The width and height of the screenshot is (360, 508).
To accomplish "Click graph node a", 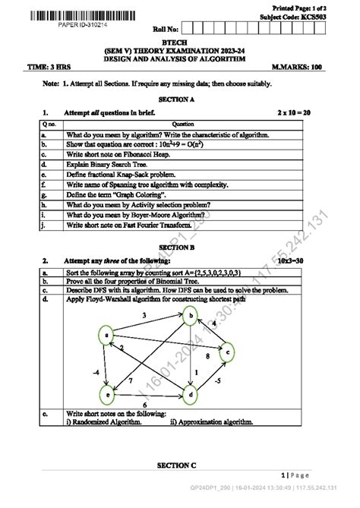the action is tap(109, 332).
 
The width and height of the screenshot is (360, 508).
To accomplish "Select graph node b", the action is tap(192, 315).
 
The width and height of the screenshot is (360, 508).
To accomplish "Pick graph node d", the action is tap(191, 394).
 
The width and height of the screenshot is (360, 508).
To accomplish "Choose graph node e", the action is tap(108, 394).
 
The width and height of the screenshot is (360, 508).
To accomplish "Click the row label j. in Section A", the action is tap(46, 226).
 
